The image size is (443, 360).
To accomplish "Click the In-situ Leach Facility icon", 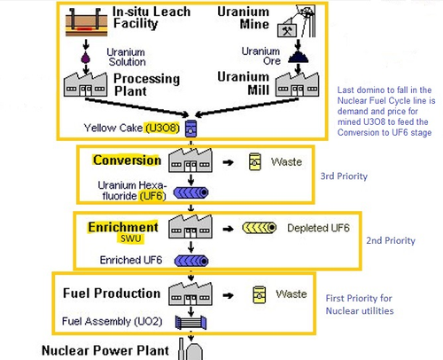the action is pyautogui.click(x=86, y=22).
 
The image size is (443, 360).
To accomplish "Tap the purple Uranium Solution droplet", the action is pyautogui.click(x=85, y=58).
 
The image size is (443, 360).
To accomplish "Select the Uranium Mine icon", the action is pyautogui.click(x=297, y=21).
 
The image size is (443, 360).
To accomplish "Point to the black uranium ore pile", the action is pyautogui.click(x=299, y=57).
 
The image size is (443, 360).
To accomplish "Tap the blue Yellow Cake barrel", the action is pyautogui.click(x=190, y=129).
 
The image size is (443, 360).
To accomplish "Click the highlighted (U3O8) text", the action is pyautogui.click(x=162, y=128).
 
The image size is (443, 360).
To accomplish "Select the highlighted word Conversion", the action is pyautogui.click(x=127, y=160).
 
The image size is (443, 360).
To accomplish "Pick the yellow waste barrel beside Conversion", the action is pyautogui.click(x=255, y=161).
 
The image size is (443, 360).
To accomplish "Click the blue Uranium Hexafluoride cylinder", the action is pyautogui.click(x=190, y=192).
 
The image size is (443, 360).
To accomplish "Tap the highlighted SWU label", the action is pyautogui.click(x=131, y=239).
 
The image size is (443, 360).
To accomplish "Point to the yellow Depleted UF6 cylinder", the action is pyautogui.click(x=260, y=228).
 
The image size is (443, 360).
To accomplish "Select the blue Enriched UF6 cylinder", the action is pyautogui.click(x=191, y=261).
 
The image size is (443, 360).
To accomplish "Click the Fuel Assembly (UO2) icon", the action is pyautogui.click(x=190, y=322).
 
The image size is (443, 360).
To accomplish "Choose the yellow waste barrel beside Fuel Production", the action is pyautogui.click(x=260, y=294).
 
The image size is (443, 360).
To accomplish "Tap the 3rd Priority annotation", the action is pyautogui.click(x=344, y=176).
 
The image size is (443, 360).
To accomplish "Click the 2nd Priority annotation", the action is pyautogui.click(x=391, y=240).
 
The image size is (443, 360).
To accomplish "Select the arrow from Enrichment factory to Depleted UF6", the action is pyautogui.click(x=229, y=229).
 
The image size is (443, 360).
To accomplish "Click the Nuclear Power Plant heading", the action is pyautogui.click(x=105, y=350).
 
